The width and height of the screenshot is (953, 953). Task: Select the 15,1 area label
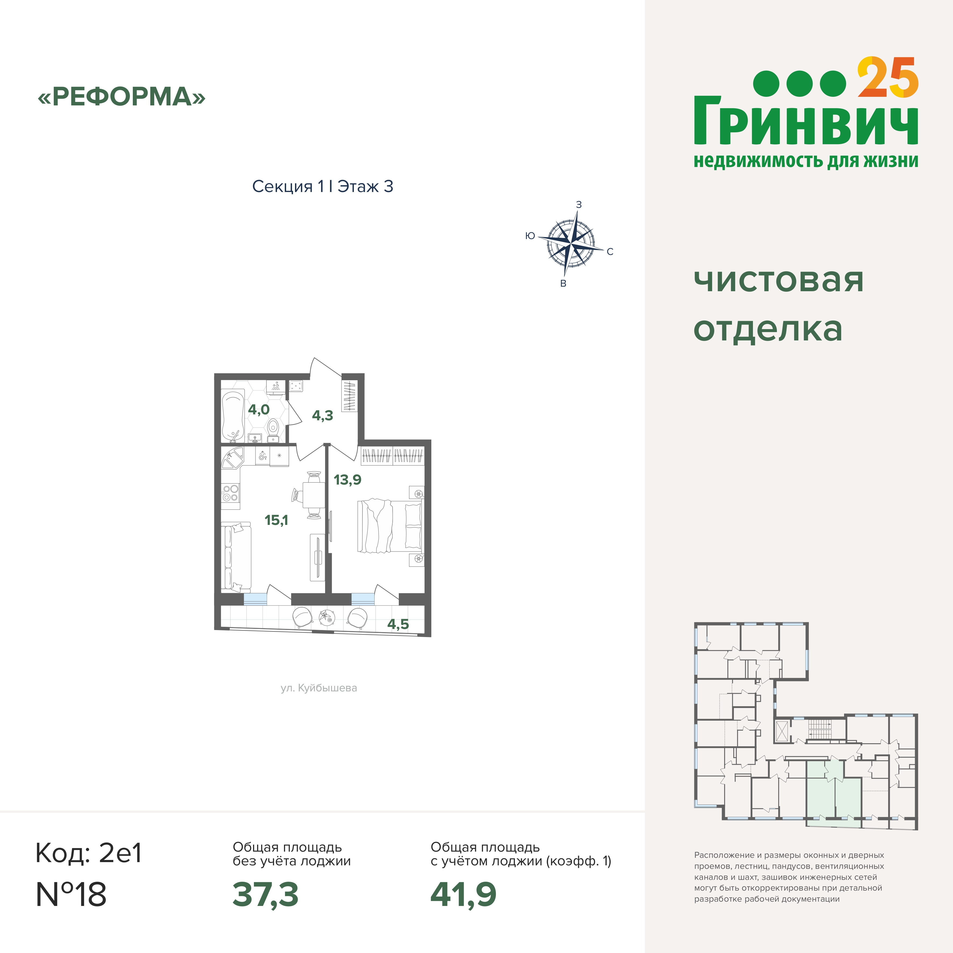click(276, 520)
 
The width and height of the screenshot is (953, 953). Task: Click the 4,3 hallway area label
click(323, 415)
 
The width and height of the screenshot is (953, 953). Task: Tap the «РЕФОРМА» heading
click(121, 97)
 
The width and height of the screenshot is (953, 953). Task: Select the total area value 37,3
click(265, 895)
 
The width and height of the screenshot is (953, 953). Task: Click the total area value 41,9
click(463, 895)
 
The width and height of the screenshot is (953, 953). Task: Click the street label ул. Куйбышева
click(319, 688)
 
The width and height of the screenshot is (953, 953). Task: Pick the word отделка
click(768, 329)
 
